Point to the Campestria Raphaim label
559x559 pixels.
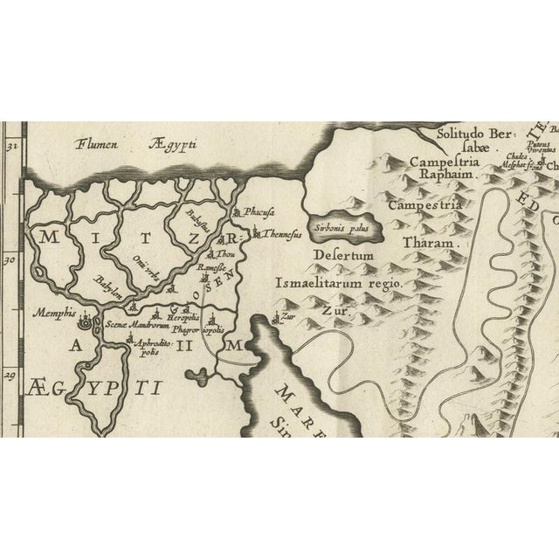448,167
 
